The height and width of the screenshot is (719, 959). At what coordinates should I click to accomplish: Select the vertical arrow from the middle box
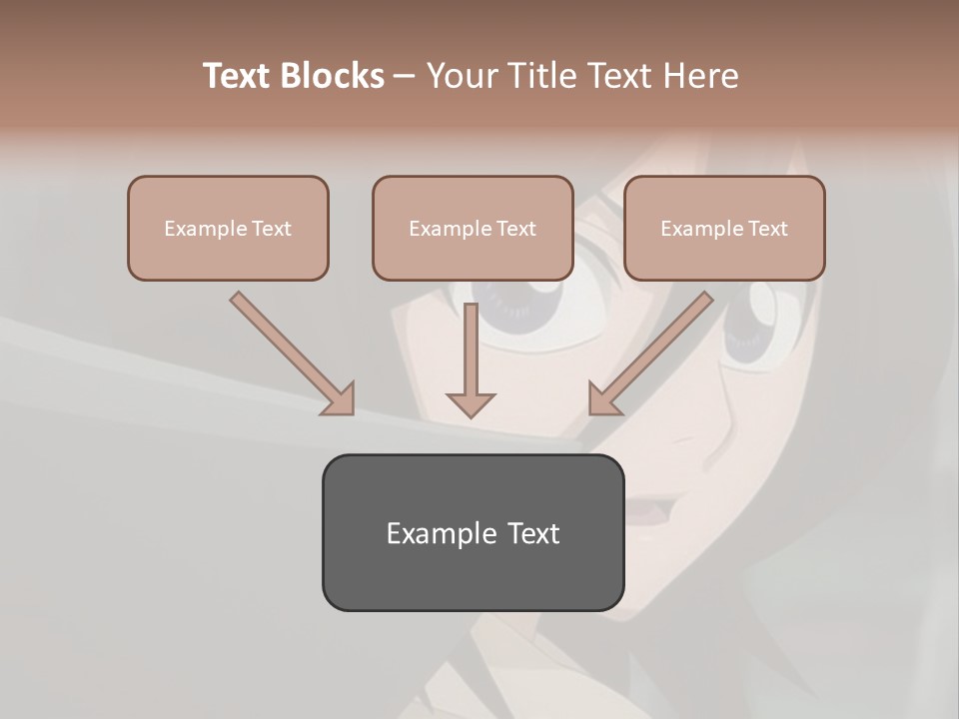tap(471, 355)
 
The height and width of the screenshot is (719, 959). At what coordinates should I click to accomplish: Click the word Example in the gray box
tap(442, 533)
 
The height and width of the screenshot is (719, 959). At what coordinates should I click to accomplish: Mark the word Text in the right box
tap(767, 229)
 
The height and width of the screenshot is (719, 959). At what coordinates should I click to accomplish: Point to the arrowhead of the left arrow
tap(340, 400)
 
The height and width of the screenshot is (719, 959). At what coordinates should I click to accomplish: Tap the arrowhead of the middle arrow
tap(471, 402)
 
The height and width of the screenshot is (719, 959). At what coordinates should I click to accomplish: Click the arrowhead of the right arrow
tap(603, 400)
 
